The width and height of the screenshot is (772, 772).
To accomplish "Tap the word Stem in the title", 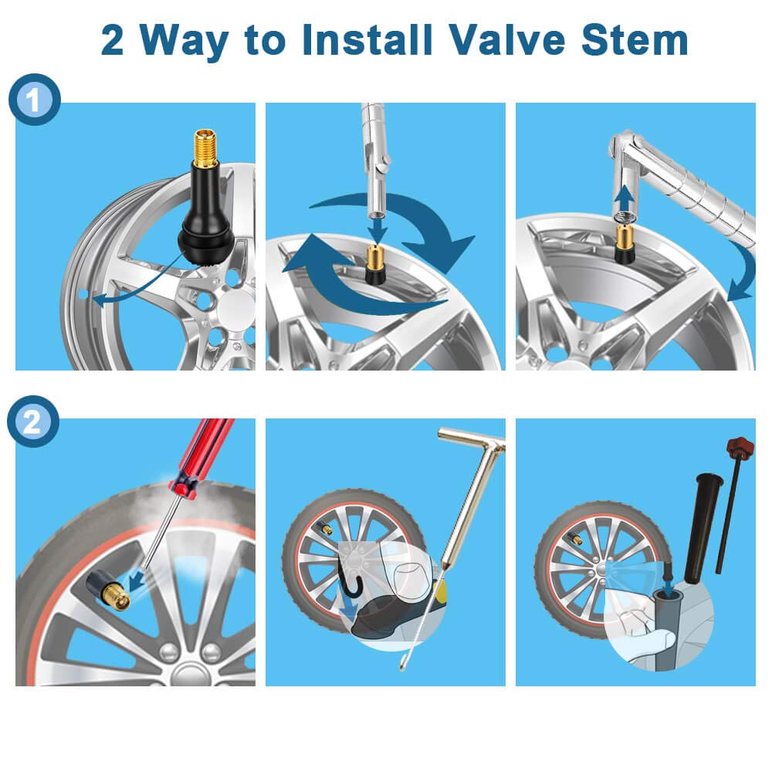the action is (x=634, y=40).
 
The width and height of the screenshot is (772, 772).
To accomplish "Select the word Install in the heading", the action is (x=367, y=40).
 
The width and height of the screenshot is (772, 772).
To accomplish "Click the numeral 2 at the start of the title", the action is (x=112, y=40).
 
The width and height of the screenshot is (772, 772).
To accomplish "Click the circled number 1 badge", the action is (x=35, y=99).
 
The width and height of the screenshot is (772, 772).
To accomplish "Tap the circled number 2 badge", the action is (x=32, y=422).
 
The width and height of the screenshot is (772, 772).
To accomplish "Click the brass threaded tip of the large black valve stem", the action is (x=205, y=148).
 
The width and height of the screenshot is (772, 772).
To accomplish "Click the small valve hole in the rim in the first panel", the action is (x=83, y=294).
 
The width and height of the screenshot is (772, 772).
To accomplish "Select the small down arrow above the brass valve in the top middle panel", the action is (x=378, y=231).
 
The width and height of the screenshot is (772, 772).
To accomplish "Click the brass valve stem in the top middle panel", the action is (x=375, y=265).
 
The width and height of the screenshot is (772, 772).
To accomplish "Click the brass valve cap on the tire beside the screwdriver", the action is (x=117, y=595).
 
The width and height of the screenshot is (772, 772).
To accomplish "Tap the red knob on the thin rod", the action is (x=740, y=446).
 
